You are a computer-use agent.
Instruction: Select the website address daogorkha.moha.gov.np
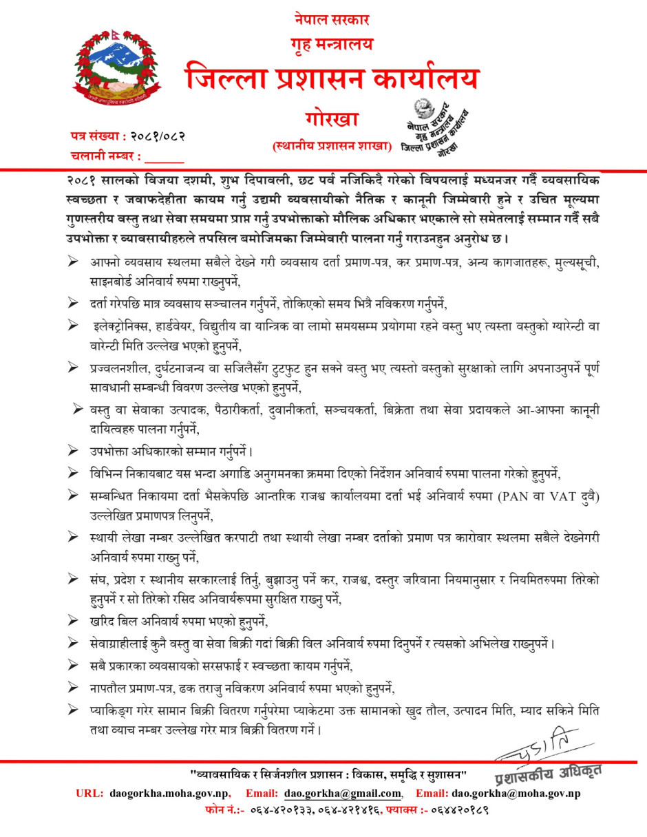(x=169, y=794)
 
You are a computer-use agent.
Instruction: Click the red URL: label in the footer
(x=88, y=794)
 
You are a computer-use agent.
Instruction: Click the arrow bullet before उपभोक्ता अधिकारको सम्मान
(x=73, y=452)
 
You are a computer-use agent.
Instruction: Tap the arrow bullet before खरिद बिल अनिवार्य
(x=73, y=622)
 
